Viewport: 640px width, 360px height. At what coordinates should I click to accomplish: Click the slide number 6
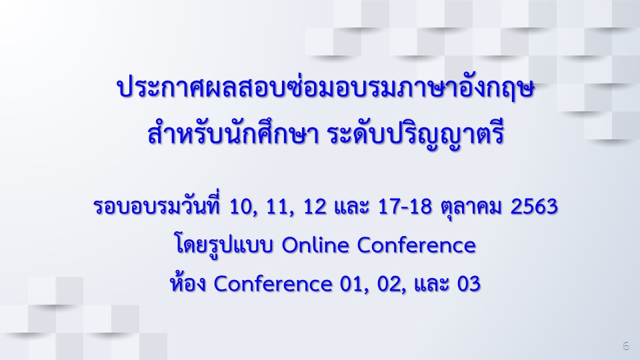[626, 346]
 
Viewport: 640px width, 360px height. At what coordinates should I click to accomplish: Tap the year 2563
[534, 206]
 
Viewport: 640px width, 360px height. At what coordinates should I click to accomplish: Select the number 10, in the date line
[244, 207]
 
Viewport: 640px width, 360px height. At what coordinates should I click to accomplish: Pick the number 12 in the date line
[315, 206]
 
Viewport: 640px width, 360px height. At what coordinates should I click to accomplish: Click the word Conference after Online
[416, 245]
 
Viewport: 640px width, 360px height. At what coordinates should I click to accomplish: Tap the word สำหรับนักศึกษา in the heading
[233, 133]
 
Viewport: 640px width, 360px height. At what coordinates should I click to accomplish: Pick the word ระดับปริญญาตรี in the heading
[416, 134]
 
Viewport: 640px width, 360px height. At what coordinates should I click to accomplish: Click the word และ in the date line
[352, 207]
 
